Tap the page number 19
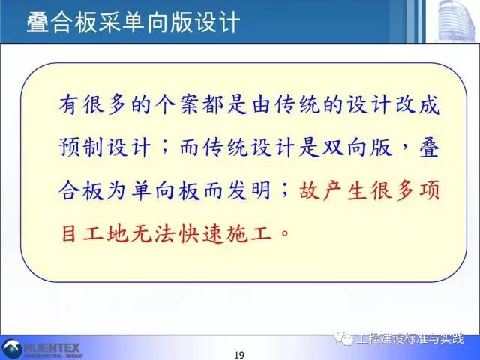tap(240, 354)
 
